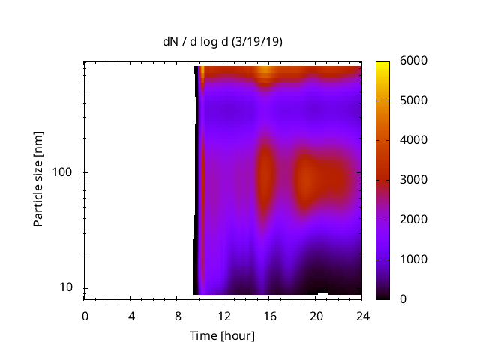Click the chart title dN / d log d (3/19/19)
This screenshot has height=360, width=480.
(x=223, y=42)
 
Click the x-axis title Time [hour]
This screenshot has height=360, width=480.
(x=222, y=335)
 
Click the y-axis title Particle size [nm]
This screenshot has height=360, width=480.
(x=38, y=179)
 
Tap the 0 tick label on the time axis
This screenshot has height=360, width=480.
(x=85, y=315)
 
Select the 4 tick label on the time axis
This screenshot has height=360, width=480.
(x=131, y=315)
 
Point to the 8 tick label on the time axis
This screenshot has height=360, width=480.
(x=178, y=315)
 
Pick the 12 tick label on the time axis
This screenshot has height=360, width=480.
(x=223, y=315)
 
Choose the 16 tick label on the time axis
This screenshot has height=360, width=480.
(x=270, y=315)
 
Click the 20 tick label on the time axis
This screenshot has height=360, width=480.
(x=316, y=315)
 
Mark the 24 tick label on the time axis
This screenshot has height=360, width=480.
(x=363, y=315)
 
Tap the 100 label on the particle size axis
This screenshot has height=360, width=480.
(x=63, y=172)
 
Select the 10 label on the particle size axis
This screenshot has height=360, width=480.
(x=66, y=287)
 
